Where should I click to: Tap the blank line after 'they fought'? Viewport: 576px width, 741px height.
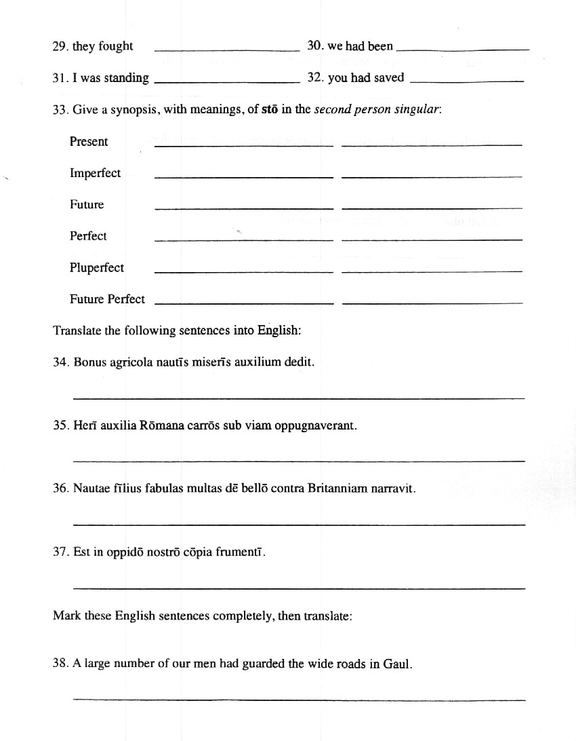227,50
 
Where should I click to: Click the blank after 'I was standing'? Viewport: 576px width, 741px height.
227,81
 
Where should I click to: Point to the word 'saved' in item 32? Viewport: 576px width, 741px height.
389,77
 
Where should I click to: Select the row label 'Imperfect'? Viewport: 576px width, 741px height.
95,173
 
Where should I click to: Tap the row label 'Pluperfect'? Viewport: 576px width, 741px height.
96,267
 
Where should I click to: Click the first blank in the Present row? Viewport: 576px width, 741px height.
244,145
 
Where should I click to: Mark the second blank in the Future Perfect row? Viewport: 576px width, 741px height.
432,303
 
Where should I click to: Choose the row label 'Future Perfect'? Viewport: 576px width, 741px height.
107,299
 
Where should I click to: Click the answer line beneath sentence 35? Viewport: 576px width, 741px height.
298,461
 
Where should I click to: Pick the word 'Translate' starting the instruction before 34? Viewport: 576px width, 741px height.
76,330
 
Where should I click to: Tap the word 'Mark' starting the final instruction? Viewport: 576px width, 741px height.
66,616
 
